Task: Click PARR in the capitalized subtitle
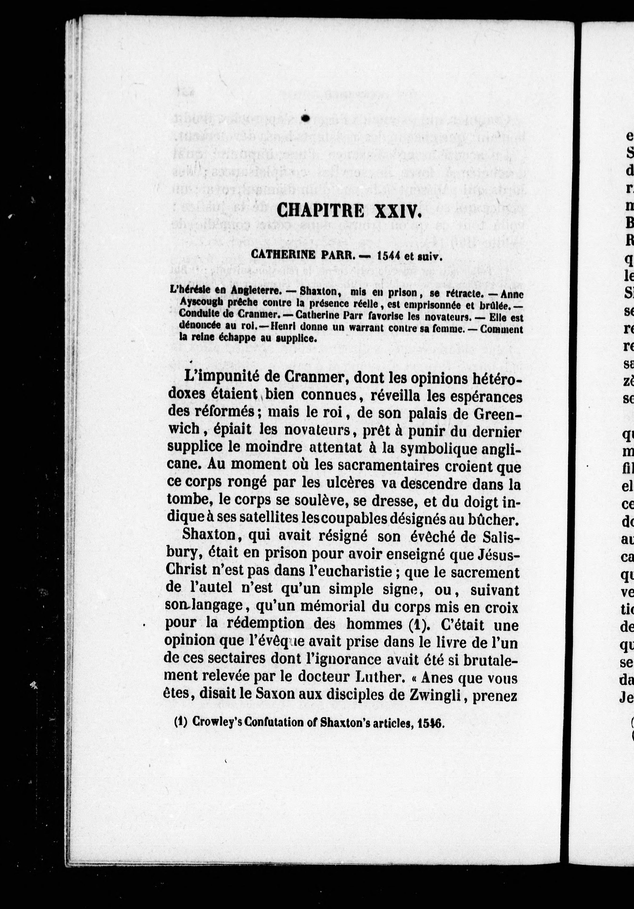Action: [334, 255]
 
